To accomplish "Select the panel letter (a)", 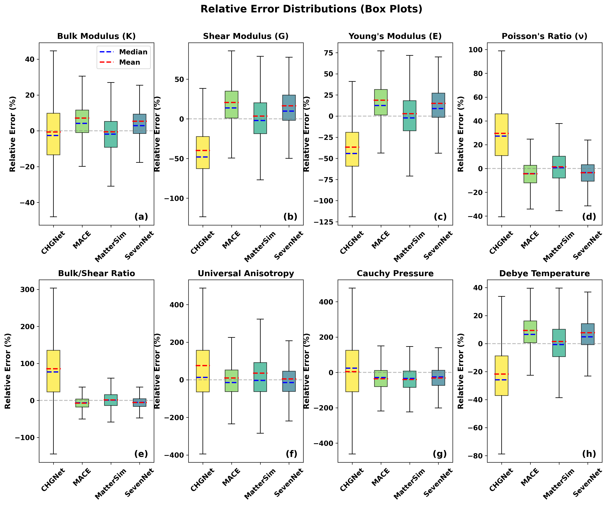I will tap(141, 217).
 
